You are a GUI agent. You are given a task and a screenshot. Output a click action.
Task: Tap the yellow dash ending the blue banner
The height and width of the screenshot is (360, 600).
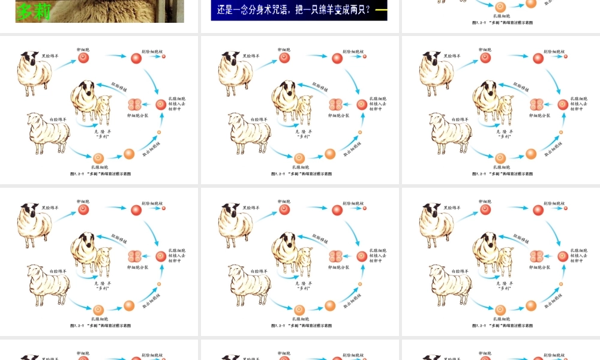[x=381, y=10]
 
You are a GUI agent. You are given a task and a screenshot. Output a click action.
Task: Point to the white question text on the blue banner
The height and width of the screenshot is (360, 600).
[x=293, y=10]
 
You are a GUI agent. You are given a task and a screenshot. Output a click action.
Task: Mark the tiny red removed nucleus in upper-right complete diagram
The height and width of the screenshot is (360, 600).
[x=565, y=56]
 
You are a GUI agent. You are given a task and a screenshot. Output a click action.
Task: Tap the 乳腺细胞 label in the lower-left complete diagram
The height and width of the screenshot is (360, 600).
[x=100, y=319]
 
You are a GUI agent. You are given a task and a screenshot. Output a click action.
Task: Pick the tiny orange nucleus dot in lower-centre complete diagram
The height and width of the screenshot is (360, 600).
[x=360, y=284]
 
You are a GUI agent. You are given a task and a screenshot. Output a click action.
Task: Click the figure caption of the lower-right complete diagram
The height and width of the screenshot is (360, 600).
[x=502, y=326]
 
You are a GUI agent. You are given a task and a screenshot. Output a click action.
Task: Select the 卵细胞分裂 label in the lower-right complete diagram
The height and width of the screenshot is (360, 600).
[x=539, y=268]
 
